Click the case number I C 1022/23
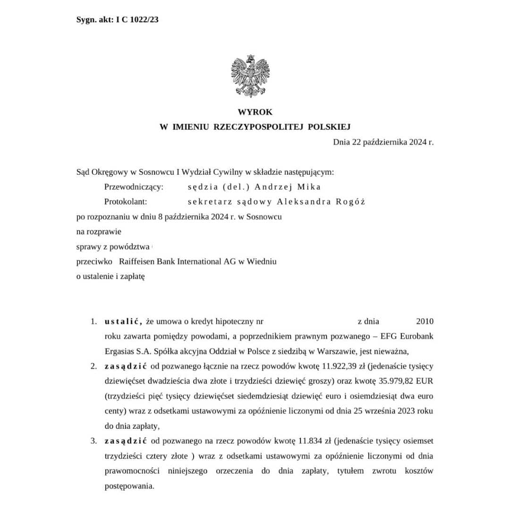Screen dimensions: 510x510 [x=137, y=20]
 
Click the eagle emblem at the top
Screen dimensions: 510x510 [x=250, y=76]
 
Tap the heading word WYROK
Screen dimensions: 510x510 [x=255, y=112]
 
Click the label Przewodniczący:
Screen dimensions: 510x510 [x=134, y=187]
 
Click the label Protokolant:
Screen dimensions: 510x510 [x=126, y=202]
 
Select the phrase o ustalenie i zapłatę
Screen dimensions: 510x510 [x=110, y=276]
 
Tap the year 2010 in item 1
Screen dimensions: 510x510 [x=425, y=322]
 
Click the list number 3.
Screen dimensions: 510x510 [x=93, y=441]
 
